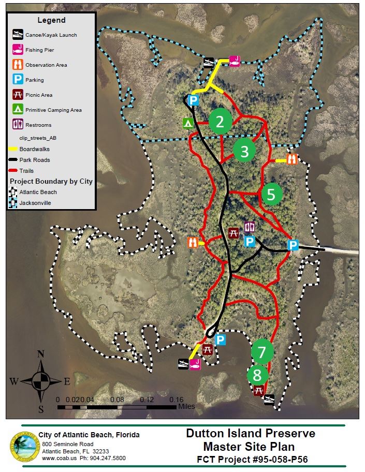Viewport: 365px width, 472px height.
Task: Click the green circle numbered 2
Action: (x=221, y=122)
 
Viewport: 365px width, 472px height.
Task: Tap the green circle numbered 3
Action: (x=245, y=151)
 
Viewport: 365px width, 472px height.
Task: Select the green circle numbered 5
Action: (x=272, y=194)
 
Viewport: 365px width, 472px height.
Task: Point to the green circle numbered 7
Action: (x=262, y=352)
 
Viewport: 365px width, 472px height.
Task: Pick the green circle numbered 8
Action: (x=258, y=375)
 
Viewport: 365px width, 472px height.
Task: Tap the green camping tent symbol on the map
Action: (x=188, y=123)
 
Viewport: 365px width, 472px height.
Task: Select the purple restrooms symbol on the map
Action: (x=249, y=227)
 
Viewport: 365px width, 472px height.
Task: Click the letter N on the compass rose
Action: (x=41, y=355)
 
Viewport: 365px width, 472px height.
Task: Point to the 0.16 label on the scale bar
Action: (x=177, y=400)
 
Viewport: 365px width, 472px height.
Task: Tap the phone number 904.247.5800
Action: (x=106, y=458)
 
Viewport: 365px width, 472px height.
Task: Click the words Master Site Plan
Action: (x=250, y=446)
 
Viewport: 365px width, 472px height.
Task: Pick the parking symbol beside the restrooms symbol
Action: (x=250, y=242)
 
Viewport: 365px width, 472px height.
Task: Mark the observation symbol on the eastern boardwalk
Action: (x=291, y=159)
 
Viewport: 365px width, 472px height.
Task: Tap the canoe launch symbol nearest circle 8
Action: (x=269, y=400)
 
